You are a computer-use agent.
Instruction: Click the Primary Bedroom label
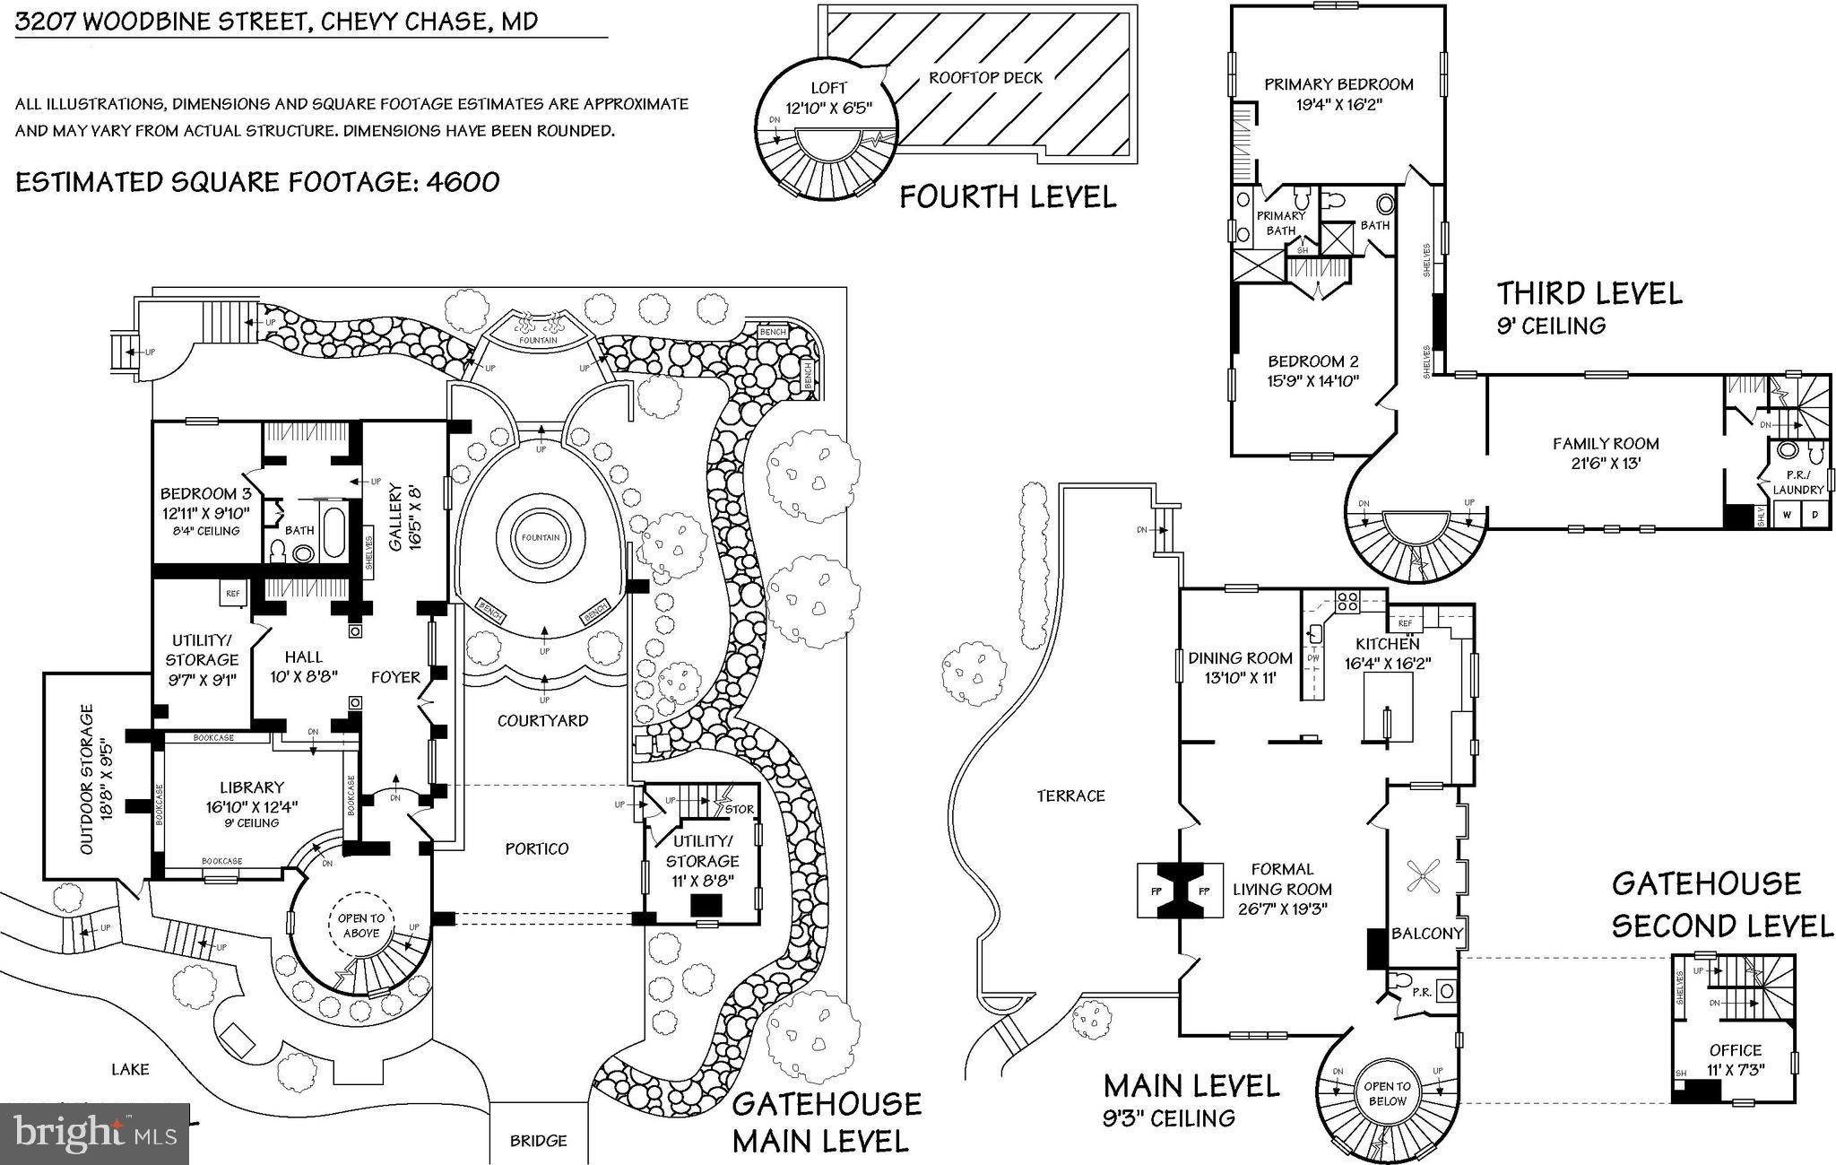[1338, 84]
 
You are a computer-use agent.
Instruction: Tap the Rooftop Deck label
[985, 78]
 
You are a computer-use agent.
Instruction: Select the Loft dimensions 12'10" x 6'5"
[828, 108]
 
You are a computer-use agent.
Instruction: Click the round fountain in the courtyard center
[540, 538]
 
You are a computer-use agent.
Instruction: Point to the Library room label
[252, 787]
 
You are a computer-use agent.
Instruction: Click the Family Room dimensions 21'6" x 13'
[1605, 464]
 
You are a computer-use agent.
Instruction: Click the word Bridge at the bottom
[538, 1141]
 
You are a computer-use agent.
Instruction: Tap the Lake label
[130, 1069]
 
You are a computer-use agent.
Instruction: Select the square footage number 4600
[463, 182]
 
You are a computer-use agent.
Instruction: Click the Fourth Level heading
[1008, 196]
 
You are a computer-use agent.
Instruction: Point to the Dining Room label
[1240, 658]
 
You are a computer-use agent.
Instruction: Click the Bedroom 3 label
[205, 494]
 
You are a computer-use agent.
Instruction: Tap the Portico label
[536, 848]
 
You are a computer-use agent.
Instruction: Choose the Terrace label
[1070, 796]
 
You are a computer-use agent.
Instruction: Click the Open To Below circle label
[1387, 1092]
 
